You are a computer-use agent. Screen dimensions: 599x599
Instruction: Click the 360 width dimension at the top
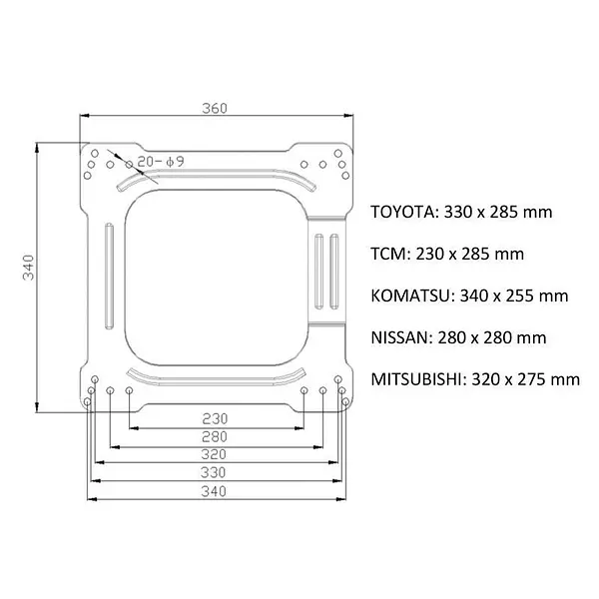pos(215,109)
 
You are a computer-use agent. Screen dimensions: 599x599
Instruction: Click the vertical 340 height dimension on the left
pos(29,267)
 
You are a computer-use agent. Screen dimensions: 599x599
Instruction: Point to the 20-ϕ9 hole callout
pos(161,162)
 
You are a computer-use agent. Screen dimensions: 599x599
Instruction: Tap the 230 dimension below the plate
pos(215,419)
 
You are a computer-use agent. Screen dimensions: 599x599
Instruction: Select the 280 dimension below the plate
pos(215,436)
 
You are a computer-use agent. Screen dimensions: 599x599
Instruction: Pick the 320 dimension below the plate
pos(214,454)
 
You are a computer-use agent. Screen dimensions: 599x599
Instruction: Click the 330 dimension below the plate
pos(214,473)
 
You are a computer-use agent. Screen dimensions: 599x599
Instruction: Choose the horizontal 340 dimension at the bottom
pos(214,491)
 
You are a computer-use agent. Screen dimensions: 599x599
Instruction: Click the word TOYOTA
pos(402,212)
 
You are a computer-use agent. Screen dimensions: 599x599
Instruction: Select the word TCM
pos(388,254)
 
